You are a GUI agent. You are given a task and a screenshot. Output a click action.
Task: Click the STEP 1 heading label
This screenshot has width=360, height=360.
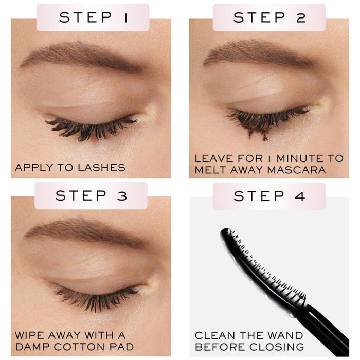point(94,17)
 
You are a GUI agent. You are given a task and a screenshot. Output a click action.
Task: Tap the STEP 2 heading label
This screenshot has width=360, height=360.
point(269,17)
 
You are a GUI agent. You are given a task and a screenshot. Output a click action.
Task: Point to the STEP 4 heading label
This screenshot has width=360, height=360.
point(269,195)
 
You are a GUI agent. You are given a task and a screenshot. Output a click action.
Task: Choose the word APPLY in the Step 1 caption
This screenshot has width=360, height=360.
point(32,167)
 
